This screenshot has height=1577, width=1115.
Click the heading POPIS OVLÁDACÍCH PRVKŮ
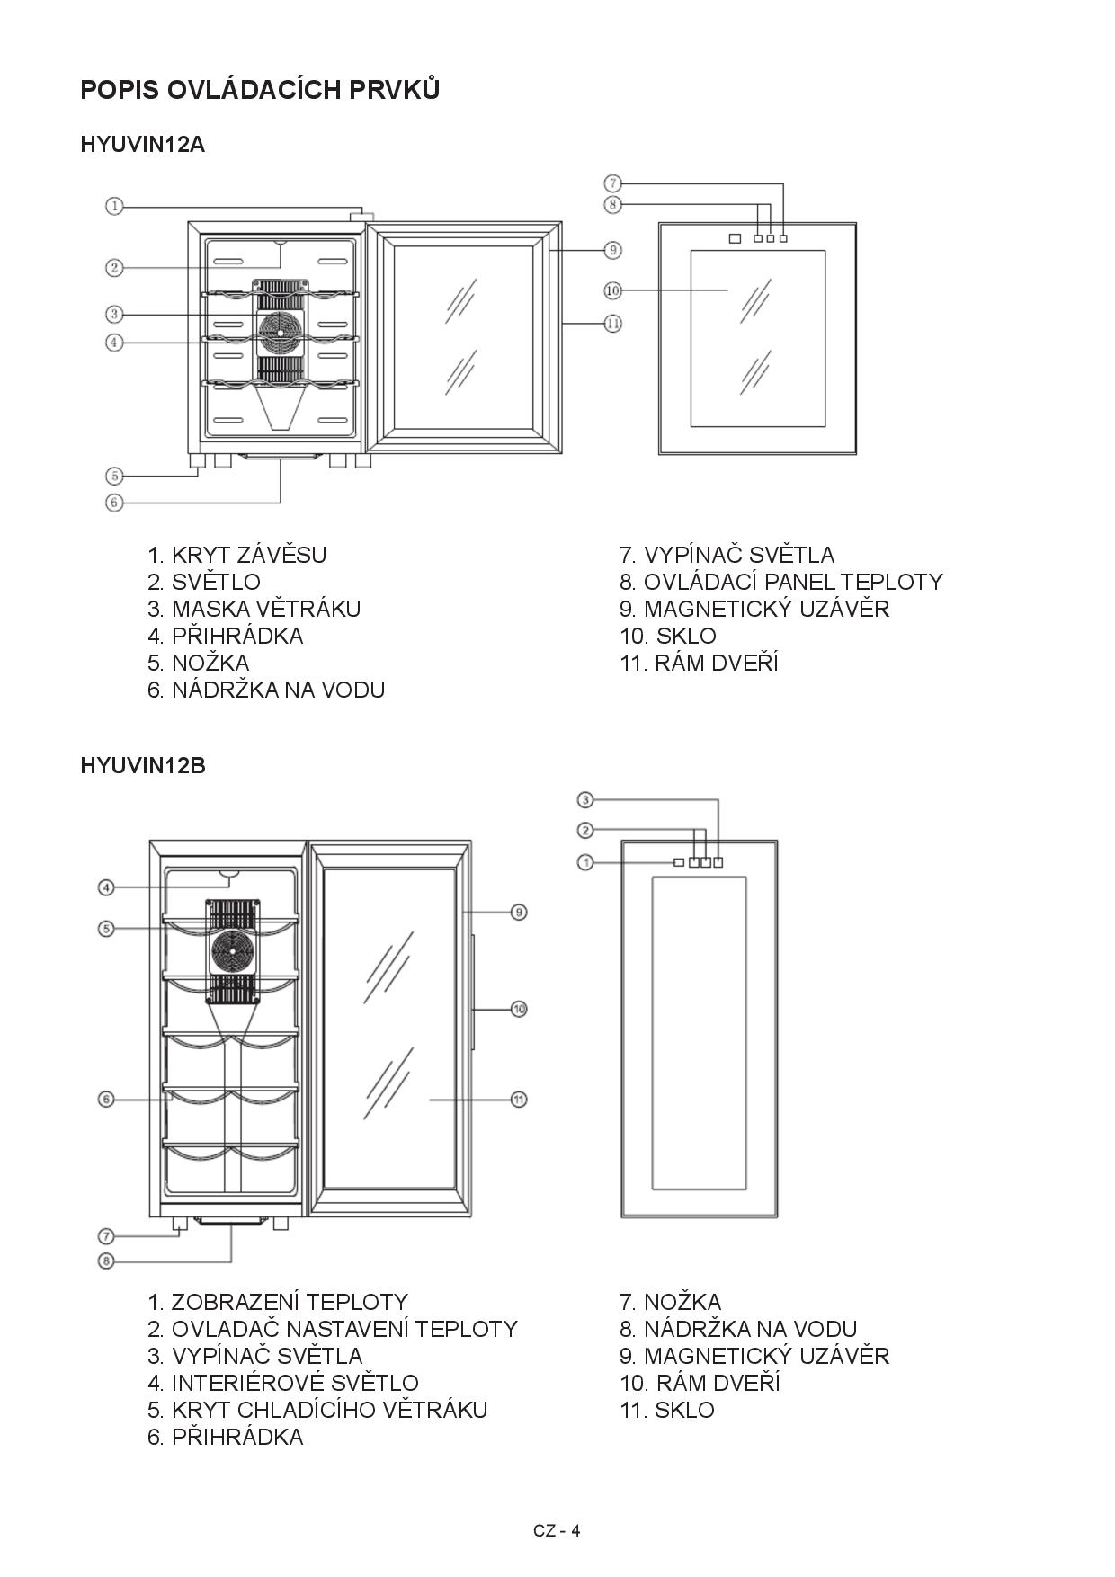260,90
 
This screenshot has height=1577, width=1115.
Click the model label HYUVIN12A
142,145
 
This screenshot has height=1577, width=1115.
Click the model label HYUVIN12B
142,766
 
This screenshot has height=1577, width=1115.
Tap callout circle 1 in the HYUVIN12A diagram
114,207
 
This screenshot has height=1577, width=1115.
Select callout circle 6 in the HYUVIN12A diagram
114,503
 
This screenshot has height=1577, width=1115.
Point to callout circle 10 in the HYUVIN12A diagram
612,290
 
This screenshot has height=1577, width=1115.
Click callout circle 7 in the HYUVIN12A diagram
612,184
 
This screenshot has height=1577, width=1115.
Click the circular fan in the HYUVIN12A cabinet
279,331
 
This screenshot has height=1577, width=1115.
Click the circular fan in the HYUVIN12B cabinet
234,951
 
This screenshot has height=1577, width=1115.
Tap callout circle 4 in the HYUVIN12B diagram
106,888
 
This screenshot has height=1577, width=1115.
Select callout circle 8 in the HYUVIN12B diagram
106,1261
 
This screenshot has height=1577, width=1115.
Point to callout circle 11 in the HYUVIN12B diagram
519,1099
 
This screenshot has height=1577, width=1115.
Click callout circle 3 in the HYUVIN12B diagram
585,799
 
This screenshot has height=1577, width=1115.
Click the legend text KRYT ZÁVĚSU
248,555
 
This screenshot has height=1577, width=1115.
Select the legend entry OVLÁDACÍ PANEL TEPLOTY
792,582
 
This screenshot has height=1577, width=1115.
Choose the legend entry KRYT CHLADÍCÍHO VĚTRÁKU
328,1410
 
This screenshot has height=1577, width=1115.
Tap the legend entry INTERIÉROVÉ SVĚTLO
294,1383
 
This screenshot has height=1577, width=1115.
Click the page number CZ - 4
557,1531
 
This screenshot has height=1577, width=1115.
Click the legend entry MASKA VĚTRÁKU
265,609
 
